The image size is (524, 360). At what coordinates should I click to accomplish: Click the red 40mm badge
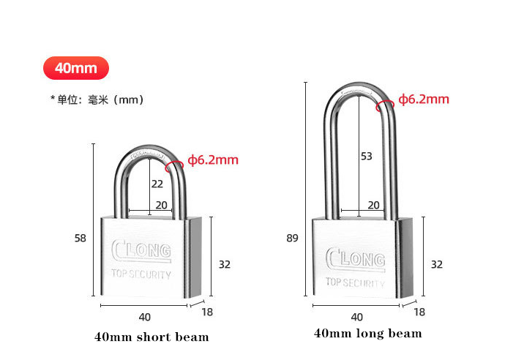pyautogui.click(x=76, y=68)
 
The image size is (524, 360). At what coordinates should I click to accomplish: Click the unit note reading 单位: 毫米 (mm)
pyautogui.click(x=97, y=100)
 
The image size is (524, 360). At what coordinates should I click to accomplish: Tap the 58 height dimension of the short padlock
pyautogui.click(x=81, y=238)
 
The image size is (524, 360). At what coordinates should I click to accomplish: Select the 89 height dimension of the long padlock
pyautogui.click(x=292, y=238)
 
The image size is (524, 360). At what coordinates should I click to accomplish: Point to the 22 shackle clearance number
pyautogui.click(x=157, y=184)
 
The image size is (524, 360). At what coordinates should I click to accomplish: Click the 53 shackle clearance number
pyautogui.click(x=366, y=156)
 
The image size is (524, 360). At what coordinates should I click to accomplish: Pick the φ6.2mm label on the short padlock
pyautogui.click(x=213, y=160)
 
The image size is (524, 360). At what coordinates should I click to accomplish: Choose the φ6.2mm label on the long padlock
pyautogui.click(x=424, y=99)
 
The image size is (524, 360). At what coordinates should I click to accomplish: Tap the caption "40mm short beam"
pyautogui.click(x=151, y=337)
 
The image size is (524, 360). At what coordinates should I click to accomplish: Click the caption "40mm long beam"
pyautogui.click(x=367, y=333)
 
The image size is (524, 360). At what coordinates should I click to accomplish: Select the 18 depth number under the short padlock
pyautogui.click(x=207, y=312)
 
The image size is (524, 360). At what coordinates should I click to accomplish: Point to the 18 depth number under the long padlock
pyautogui.click(x=419, y=312)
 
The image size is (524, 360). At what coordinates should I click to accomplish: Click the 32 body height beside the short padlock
pyautogui.click(x=225, y=264)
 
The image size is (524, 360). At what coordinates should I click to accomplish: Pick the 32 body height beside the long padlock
pyautogui.click(x=436, y=264)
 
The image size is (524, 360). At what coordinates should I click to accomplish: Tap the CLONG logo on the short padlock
pyautogui.click(x=141, y=251)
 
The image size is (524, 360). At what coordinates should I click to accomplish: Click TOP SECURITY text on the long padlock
pyautogui.click(x=355, y=282)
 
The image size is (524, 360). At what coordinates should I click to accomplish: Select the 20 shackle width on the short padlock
pyautogui.click(x=162, y=205)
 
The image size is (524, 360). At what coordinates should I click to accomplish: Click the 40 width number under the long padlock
pyautogui.click(x=356, y=317)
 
